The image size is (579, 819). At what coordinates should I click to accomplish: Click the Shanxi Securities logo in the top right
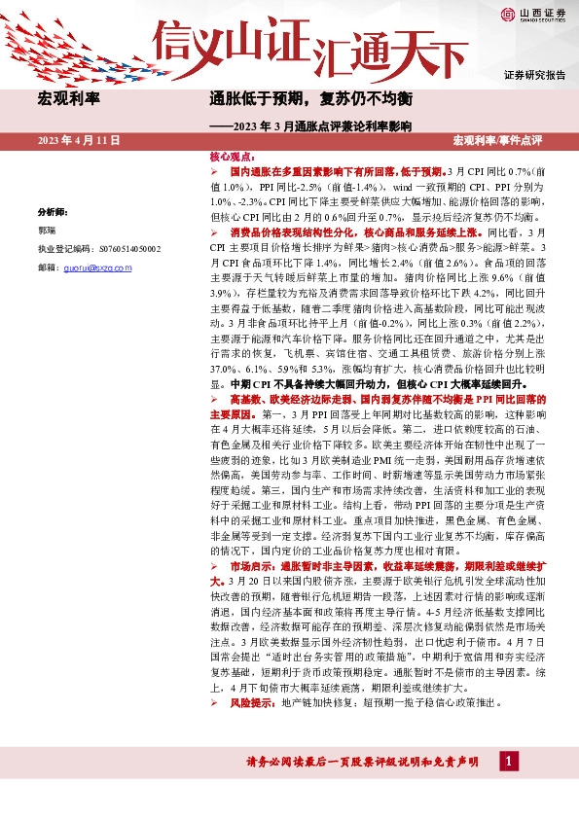[x=533, y=14]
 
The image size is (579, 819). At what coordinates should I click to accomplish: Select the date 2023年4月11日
[x=79, y=141]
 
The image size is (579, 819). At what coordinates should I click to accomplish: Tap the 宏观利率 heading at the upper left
[x=72, y=99]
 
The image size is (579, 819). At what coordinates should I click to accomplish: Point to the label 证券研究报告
[x=534, y=74]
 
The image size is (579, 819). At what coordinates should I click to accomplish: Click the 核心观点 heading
[x=232, y=156]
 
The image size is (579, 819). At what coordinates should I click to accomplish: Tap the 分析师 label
[x=53, y=211]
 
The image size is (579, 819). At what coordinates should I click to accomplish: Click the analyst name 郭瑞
[x=47, y=231]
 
